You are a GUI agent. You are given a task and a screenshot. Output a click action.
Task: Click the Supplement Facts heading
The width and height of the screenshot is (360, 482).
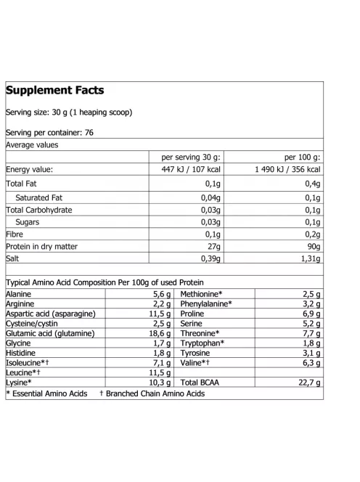pos(55,91)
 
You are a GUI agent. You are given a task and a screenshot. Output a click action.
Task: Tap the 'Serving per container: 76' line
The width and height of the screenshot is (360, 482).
pos(49,133)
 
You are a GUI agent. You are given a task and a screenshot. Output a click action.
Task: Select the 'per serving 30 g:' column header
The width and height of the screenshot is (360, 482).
pos(192,158)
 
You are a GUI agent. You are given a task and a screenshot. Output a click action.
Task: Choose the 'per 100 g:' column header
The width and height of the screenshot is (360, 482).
pos(302,158)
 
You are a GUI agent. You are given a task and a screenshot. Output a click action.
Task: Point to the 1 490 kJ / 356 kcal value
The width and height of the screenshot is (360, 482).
pos(287,170)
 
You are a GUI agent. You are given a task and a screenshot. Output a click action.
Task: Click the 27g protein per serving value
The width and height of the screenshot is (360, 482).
pos(213,247)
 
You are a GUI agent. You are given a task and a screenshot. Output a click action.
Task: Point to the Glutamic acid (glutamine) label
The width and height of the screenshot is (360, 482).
pos(49,333)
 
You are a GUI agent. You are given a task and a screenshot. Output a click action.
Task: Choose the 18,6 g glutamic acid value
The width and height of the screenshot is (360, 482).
pos(157,333)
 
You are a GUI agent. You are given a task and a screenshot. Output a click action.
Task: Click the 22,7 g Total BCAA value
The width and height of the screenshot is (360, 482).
pos(307,382)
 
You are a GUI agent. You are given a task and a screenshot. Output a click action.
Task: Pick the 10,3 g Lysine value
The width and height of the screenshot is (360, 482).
pos(157,382)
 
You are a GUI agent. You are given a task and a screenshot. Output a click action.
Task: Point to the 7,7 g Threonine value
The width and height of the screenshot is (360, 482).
pos(310,333)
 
